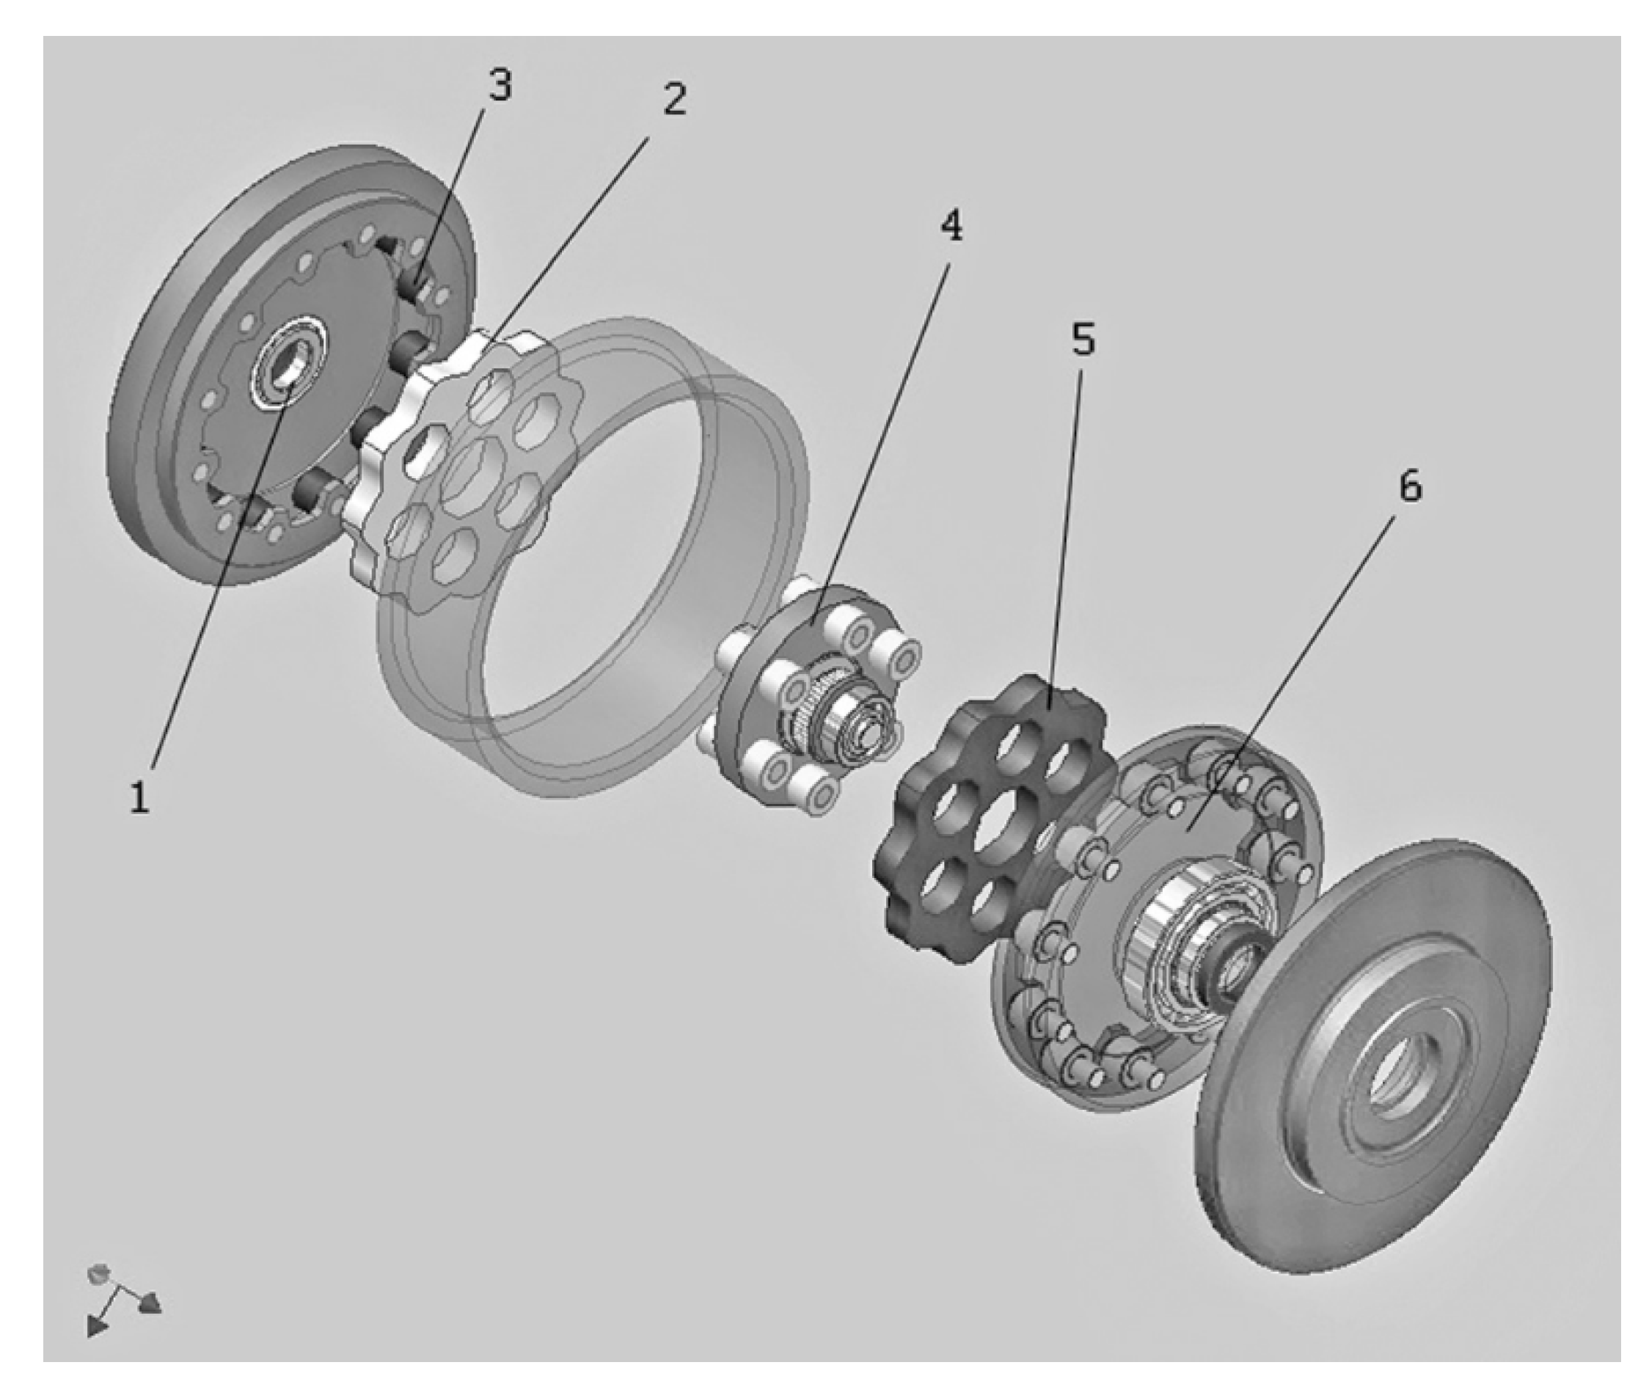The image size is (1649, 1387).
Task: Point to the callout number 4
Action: (951, 227)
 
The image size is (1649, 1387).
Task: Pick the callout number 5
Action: (1082, 340)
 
